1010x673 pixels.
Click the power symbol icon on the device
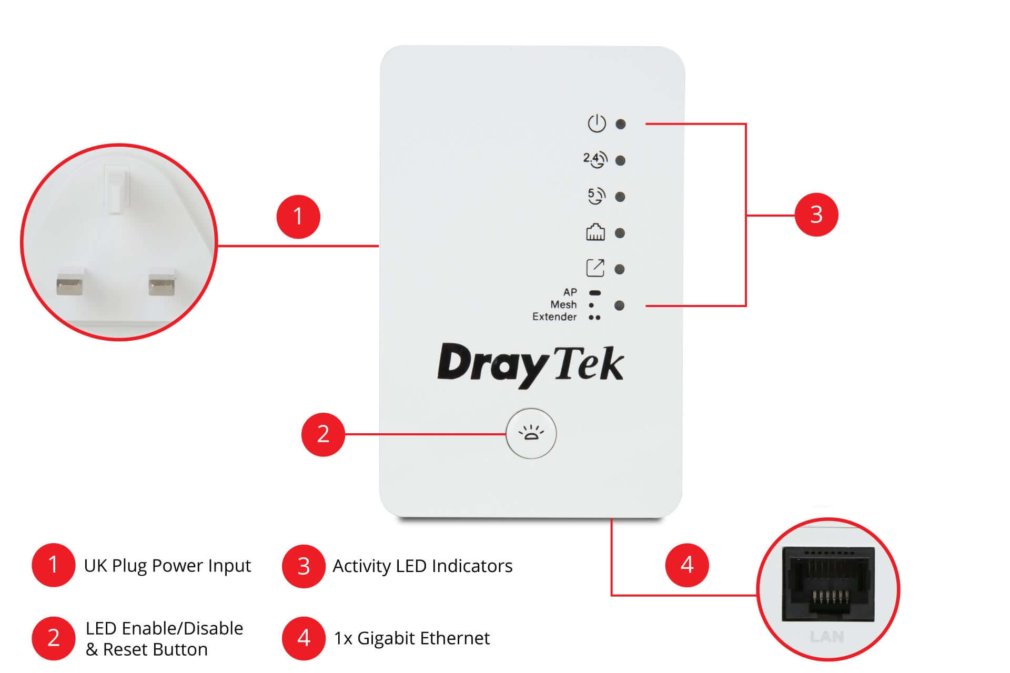[x=597, y=124]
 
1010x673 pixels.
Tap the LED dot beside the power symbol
[x=621, y=124]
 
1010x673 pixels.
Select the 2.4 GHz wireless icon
[x=595, y=159]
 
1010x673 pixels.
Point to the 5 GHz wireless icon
[x=596, y=196]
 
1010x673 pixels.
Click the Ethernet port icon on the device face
[x=595, y=232]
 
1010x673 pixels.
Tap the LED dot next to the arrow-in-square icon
[x=620, y=269]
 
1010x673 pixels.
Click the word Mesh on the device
[x=563, y=304]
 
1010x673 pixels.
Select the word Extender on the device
[x=554, y=317]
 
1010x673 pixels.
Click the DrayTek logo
[x=530, y=365]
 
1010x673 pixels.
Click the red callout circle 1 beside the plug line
[x=298, y=217]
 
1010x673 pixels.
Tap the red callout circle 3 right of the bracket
[x=816, y=215]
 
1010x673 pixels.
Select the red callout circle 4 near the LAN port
[x=687, y=565]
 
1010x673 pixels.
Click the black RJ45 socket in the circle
[x=828, y=584]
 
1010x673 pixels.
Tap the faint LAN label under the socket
[x=827, y=637]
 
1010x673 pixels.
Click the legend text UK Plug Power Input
[x=167, y=566]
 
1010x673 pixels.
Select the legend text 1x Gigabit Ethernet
[x=412, y=638]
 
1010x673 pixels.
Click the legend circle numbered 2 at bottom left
[x=53, y=638]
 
